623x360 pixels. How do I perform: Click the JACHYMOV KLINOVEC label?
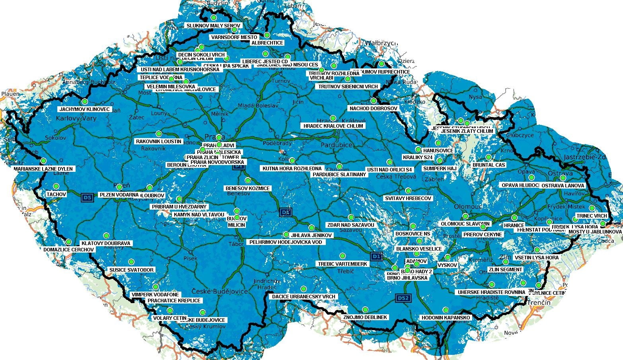click(x=84, y=109)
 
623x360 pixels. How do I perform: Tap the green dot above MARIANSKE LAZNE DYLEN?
click(x=43, y=161)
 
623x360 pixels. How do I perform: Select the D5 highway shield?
click(x=87, y=197)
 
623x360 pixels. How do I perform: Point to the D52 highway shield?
click(x=403, y=298)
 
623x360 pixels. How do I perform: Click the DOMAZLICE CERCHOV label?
click(x=69, y=250)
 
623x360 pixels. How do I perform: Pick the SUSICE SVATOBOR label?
click(x=131, y=270)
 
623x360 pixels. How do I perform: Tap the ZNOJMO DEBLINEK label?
click(x=365, y=317)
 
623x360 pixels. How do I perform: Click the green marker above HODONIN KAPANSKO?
click(x=445, y=310)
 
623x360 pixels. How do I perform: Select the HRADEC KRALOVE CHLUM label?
click(x=333, y=126)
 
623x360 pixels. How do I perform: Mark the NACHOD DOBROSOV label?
click(x=373, y=109)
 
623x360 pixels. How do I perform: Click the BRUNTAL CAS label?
click(x=489, y=165)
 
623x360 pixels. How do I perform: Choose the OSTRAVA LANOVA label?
click(x=563, y=186)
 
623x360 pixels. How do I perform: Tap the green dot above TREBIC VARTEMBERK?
click(x=342, y=256)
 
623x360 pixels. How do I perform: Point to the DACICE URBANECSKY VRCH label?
click(x=304, y=297)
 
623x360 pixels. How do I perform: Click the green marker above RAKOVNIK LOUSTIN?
click(x=159, y=134)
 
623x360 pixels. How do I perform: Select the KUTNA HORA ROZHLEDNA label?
click(x=292, y=169)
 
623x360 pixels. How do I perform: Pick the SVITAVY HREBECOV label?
click(x=408, y=198)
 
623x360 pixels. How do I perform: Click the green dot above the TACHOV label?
click(x=56, y=186)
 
